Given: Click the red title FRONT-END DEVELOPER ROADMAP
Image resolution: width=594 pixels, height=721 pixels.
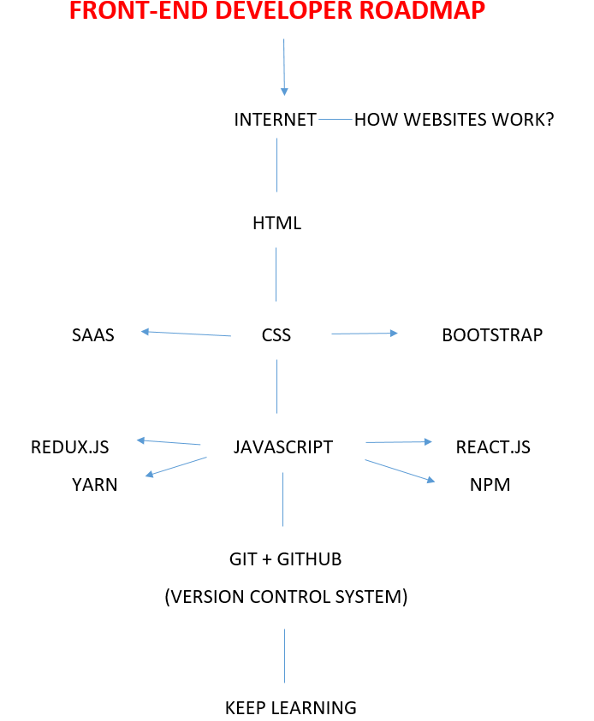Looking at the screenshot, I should point(276,11).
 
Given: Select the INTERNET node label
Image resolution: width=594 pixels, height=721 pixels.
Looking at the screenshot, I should point(275,120).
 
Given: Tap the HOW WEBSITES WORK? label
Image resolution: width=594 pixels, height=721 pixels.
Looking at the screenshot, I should point(454,120).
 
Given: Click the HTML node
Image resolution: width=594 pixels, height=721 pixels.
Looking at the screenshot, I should point(276,224).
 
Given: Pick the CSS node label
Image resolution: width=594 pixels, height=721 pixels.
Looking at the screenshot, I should point(276,335).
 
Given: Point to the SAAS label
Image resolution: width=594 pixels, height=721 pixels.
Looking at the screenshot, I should point(93,335).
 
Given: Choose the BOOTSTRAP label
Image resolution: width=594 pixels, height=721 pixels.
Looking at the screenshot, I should point(492,335).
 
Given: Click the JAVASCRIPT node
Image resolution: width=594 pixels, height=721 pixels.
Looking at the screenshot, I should point(282,446).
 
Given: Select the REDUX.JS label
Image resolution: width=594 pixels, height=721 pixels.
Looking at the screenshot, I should point(70,446).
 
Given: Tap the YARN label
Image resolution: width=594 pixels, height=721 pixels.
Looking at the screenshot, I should point(95,486).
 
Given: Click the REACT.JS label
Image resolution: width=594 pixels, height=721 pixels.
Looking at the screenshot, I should point(493,446).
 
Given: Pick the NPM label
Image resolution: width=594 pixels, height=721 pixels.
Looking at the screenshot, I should point(490,486).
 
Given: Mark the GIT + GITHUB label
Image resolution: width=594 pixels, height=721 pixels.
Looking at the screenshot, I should point(285,559).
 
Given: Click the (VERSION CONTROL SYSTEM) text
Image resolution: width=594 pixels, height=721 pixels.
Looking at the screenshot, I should point(286,597).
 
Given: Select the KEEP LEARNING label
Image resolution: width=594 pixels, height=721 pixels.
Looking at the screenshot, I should point(290,708).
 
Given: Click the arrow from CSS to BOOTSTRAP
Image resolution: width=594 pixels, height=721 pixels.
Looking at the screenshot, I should point(365,334).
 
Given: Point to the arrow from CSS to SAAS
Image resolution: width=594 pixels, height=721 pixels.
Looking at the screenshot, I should point(187,334).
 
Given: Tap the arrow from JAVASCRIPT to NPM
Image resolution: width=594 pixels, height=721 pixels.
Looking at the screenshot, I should point(400,472).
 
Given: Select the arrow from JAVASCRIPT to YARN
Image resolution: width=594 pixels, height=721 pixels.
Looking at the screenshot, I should point(176,466).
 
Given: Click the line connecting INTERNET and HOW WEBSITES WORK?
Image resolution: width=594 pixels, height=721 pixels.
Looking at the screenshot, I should point(336,120).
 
